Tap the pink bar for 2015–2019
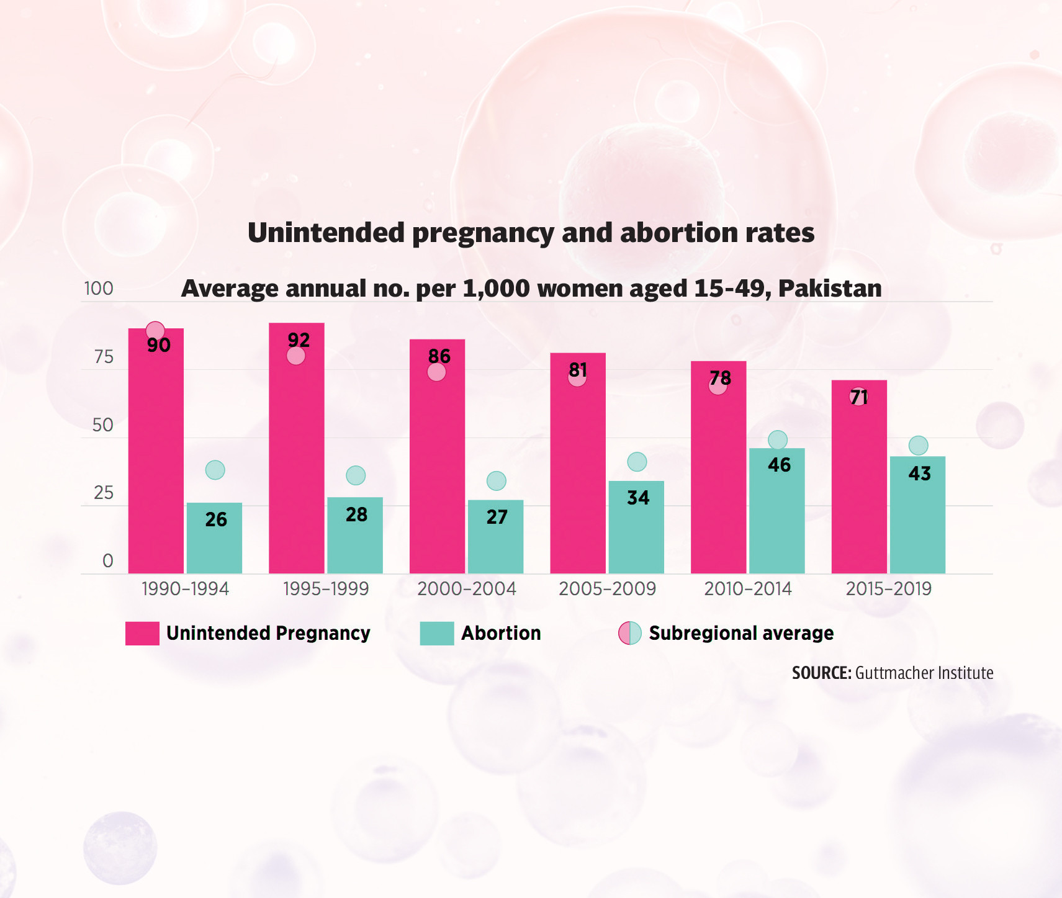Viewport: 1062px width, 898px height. pyautogui.click(x=859, y=484)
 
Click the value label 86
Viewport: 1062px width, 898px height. pyautogui.click(x=439, y=356)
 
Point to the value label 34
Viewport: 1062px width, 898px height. pyautogui.click(x=637, y=498)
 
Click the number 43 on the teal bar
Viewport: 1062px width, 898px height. pyautogui.click(x=919, y=474)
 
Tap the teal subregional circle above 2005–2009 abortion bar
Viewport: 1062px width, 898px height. pyautogui.click(x=637, y=462)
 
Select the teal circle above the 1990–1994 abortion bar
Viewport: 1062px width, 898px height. pyautogui.click(x=215, y=470)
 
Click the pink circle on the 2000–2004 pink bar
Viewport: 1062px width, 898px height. pyautogui.click(x=436, y=372)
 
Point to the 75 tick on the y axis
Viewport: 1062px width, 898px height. pyautogui.click(x=104, y=357)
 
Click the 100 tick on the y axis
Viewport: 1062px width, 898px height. pyautogui.click(x=99, y=289)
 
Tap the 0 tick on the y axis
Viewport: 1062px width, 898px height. pyautogui.click(x=107, y=561)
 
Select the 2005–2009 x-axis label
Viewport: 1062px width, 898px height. pyautogui.click(x=607, y=588)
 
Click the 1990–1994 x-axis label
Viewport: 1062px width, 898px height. pyautogui.click(x=185, y=588)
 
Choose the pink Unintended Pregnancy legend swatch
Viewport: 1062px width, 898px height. pyautogui.click(x=142, y=634)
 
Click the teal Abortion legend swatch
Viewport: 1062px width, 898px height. pyautogui.click(x=436, y=634)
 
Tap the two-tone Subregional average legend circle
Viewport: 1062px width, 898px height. pyautogui.click(x=629, y=634)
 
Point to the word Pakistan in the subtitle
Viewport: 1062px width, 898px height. pyautogui.click(x=830, y=289)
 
